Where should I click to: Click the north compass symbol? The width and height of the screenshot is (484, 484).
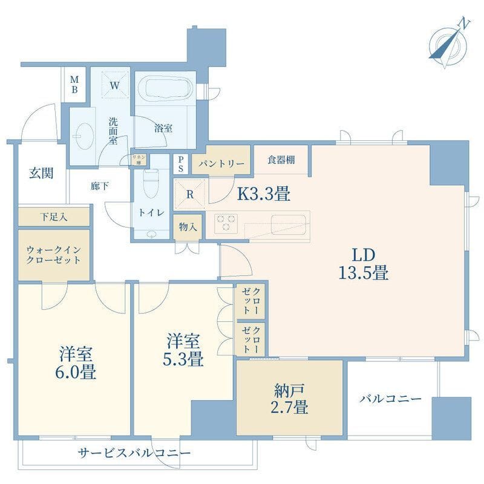pyautogui.click(x=448, y=42)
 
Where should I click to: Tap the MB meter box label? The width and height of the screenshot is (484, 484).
pyautogui.click(x=75, y=85)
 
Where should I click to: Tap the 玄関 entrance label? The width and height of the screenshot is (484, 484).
pyautogui.click(x=42, y=173)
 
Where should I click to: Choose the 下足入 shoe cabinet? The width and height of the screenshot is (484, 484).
pyautogui.click(x=54, y=216)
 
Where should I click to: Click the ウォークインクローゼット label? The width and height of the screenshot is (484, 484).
pyautogui.click(x=53, y=254)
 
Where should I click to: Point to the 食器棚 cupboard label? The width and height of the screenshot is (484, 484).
pyautogui.click(x=281, y=160)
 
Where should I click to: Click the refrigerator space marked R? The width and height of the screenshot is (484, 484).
pyautogui.click(x=189, y=195)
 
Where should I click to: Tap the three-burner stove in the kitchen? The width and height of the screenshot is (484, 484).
pyautogui.click(x=226, y=223)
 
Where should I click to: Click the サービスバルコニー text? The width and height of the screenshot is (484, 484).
pyautogui.click(x=134, y=453)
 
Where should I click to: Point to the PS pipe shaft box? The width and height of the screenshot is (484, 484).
pyautogui.click(x=180, y=163)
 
